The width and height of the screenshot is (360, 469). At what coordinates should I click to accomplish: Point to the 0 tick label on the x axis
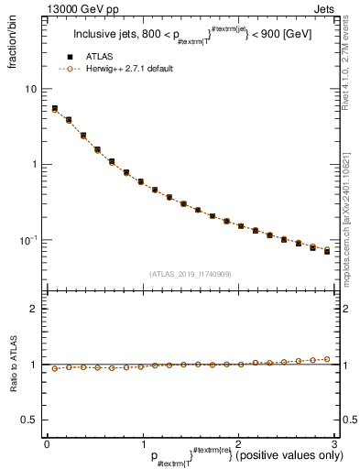[47, 444]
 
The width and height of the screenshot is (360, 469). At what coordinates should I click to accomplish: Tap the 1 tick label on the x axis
[142, 444]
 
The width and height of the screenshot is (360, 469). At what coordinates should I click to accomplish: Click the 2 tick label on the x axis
[237, 444]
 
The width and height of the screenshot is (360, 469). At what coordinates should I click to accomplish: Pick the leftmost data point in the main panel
[54, 109]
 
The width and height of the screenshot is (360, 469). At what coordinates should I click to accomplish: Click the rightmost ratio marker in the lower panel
[327, 359]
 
